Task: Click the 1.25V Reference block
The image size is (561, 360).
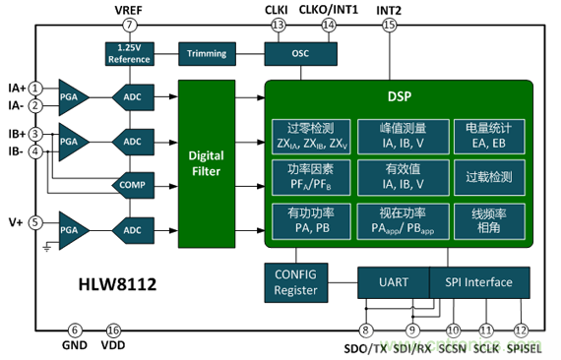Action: click(x=130, y=54)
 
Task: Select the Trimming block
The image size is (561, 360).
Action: click(x=207, y=54)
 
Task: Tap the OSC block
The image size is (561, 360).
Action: click(x=300, y=54)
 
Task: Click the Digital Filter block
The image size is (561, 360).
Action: click(x=207, y=163)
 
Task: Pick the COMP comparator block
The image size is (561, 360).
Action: click(x=133, y=185)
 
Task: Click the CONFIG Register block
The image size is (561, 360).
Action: click(x=296, y=282)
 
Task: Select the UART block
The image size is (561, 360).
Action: click(x=394, y=282)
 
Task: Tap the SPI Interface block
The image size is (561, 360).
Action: click(x=479, y=282)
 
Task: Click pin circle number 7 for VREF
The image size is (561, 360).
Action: click(x=130, y=25)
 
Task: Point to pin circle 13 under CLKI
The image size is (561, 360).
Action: click(x=278, y=25)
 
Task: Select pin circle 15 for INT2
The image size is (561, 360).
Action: click(x=390, y=25)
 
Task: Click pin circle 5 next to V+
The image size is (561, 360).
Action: click(x=35, y=222)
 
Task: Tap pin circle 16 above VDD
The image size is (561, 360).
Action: click(x=113, y=330)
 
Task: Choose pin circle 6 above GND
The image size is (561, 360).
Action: click(x=75, y=330)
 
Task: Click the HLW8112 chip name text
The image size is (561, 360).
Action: click(x=117, y=284)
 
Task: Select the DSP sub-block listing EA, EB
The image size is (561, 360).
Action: click(x=489, y=137)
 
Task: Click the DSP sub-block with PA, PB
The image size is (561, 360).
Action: click(x=311, y=221)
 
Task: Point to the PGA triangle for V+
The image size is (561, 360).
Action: click(x=72, y=230)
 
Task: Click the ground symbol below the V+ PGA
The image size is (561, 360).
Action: click(x=47, y=247)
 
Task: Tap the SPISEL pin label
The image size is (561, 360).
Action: click(x=524, y=348)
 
